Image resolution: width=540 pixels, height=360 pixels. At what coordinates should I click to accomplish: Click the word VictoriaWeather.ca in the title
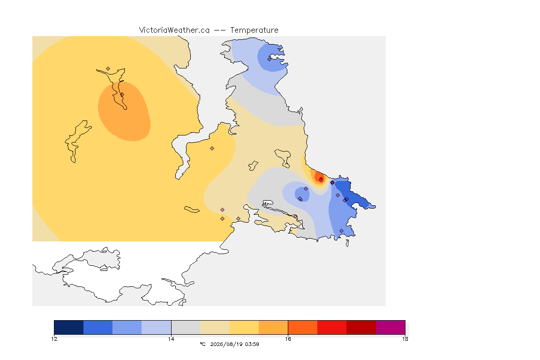(174, 30)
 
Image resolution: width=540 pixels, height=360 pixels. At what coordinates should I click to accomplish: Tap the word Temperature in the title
(254, 30)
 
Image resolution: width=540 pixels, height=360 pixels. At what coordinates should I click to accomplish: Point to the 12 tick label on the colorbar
(54, 339)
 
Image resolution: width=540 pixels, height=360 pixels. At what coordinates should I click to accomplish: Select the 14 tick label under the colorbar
(171, 339)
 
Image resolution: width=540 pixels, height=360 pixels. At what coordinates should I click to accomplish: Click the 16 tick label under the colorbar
(288, 339)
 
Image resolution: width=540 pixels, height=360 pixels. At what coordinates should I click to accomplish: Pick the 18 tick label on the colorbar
(405, 339)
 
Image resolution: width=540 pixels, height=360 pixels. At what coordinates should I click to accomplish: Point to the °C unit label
(202, 344)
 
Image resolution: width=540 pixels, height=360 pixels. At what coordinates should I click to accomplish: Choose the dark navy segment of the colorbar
(69, 327)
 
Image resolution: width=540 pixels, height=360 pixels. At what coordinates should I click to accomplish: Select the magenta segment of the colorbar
(390, 327)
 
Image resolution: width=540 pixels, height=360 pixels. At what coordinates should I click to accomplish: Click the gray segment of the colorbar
(186, 327)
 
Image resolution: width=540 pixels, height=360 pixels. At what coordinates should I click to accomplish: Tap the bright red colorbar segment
(332, 327)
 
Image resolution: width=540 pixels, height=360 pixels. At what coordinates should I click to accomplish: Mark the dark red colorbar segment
(361, 327)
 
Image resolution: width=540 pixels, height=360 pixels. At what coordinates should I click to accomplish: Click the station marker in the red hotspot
(321, 180)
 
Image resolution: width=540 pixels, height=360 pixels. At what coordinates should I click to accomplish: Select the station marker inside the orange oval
(122, 94)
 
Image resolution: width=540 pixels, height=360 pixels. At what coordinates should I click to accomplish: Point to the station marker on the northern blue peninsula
(269, 59)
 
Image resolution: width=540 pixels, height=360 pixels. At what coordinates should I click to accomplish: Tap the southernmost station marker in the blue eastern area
(341, 231)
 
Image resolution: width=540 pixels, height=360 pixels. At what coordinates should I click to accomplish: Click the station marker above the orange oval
(108, 69)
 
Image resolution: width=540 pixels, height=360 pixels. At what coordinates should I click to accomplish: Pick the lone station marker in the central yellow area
(212, 149)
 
